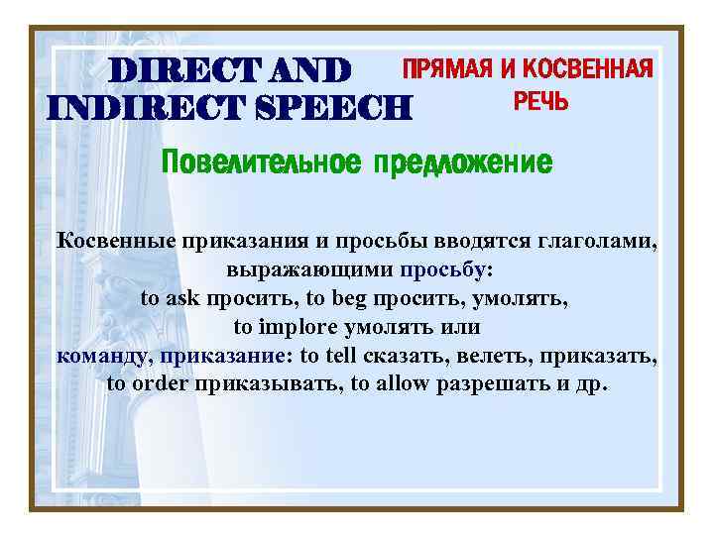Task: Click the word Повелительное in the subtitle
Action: point(262,161)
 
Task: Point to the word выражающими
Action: point(311,269)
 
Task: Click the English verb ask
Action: point(183,297)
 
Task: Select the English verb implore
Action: point(292,325)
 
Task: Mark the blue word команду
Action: point(102,354)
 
